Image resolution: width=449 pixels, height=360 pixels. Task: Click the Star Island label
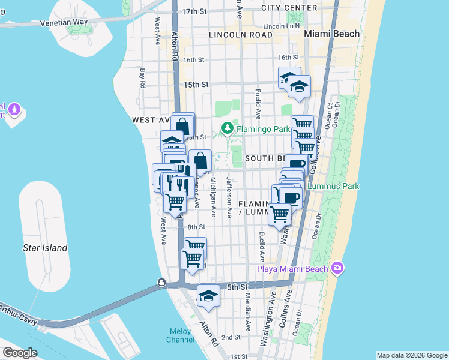tap(45, 248)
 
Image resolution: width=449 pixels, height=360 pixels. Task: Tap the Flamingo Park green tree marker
tap(228, 128)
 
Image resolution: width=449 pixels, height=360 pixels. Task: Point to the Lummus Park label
tap(333, 186)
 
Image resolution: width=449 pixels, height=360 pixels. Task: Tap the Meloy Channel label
tap(181, 336)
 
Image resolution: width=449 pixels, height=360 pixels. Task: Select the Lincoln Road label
tap(241, 35)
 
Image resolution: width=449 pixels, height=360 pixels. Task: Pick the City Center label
tap(289, 8)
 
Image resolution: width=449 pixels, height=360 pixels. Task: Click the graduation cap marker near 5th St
tap(208, 296)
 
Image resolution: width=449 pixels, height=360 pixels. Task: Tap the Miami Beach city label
tap(331, 34)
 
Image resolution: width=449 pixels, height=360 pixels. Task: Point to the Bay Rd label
tap(143, 77)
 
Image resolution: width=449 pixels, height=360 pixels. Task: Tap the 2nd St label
tap(231, 338)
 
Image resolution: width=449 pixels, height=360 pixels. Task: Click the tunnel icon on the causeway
tap(161, 282)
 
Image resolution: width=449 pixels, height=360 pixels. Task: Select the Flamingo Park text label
tap(258, 128)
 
